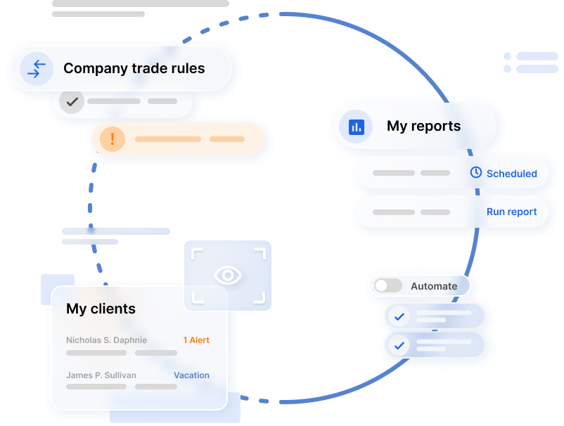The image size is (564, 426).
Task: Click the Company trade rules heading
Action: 134,68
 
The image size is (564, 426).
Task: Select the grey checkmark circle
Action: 71,101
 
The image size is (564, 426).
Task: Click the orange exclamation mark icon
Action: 113,139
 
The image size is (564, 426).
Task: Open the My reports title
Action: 423,127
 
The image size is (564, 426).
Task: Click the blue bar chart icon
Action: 356,127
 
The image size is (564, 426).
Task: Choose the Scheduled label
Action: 511,174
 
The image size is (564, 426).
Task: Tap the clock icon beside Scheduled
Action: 476,172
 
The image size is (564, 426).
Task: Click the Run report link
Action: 511,212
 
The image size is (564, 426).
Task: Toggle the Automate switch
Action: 388,285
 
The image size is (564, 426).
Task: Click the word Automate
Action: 434,286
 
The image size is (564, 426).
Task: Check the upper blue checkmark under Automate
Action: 399,316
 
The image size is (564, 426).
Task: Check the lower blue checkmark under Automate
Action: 399,345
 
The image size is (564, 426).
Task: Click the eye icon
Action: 227,276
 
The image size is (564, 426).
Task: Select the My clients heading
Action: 101,309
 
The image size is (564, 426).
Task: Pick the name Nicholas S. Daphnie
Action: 106,340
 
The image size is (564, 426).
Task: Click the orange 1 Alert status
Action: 196,340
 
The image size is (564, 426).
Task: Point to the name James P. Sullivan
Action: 101,375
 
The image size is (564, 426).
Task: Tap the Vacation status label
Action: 191,375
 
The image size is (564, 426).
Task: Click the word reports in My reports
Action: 437,127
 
